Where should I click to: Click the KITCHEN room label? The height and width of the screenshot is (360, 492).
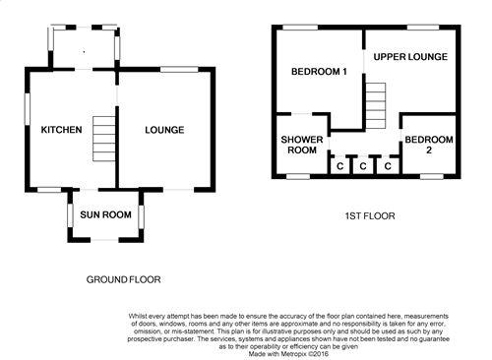(x=61, y=130)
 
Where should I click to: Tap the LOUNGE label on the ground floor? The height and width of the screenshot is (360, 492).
(x=164, y=130)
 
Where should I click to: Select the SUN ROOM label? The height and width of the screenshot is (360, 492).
(x=105, y=214)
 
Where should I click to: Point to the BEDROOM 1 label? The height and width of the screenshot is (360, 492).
(x=319, y=72)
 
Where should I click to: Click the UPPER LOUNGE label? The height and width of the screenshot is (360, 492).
(x=410, y=57)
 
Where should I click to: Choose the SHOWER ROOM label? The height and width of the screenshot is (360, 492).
(x=302, y=145)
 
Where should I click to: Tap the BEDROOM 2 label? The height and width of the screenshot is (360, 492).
(x=429, y=145)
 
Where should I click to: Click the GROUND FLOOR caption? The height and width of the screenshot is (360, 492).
(x=123, y=279)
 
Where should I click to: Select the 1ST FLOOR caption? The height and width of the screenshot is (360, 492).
(x=370, y=216)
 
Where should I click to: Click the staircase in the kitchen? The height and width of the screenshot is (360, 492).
(x=104, y=139)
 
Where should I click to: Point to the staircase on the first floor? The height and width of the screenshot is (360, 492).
(x=376, y=105)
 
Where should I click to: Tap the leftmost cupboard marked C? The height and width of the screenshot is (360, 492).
(x=339, y=166)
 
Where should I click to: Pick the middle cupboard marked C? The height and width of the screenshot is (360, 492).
(x=363, y=166)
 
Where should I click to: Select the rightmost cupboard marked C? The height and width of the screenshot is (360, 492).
(x=388, y=166)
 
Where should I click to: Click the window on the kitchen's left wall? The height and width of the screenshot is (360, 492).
(x=28, y=109)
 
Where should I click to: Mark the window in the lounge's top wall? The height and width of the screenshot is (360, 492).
(x=179, y=69)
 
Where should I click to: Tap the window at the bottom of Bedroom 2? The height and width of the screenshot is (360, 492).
(x=432, y=177)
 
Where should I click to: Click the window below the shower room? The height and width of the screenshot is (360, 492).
(x=298, y=177)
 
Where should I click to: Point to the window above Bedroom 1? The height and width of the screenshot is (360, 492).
(x=300, y=28)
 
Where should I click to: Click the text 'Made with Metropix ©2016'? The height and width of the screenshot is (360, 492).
(x=288, y=354)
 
